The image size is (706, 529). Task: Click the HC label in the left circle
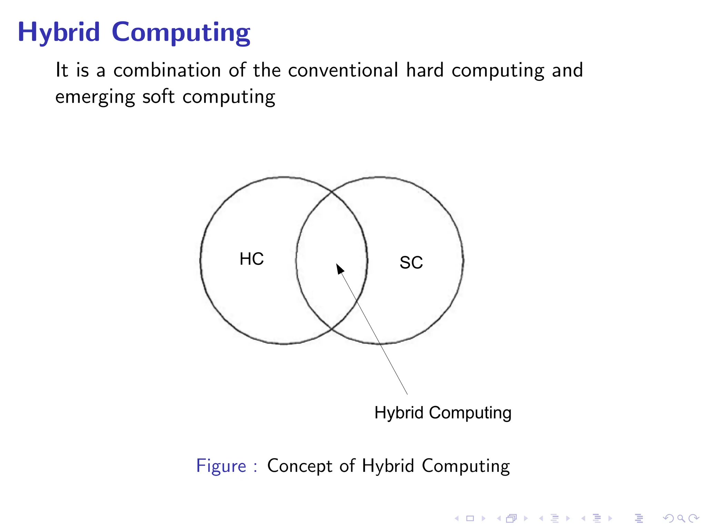[x=252, y=259]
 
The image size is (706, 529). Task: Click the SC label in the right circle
[x=411, y=263]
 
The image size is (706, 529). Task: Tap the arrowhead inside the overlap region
[x=340, y=269]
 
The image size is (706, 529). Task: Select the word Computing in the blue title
[x=181, y=33]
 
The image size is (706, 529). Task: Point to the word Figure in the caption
[x=221, y=466]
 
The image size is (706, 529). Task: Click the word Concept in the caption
[x=300, y=466]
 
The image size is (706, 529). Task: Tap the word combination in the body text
[x=167, y=70]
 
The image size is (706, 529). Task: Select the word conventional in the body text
[x=343, y=70]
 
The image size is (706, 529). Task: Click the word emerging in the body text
[x=95, y=97]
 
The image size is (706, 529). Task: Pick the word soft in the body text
[x=158, y=96]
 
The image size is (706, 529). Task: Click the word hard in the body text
[x=425, y=70]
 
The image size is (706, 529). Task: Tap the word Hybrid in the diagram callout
[x=399, y=413]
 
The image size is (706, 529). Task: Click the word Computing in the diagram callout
[x=470, y=413]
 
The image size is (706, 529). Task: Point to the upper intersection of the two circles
[x=332, y=191]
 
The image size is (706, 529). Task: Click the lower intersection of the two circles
[x=332, y=329]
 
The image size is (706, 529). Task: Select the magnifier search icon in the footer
[x=681, y=518]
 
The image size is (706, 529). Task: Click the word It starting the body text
[x=62, y=70]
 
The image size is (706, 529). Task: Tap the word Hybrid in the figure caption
[x=388, y=466]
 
